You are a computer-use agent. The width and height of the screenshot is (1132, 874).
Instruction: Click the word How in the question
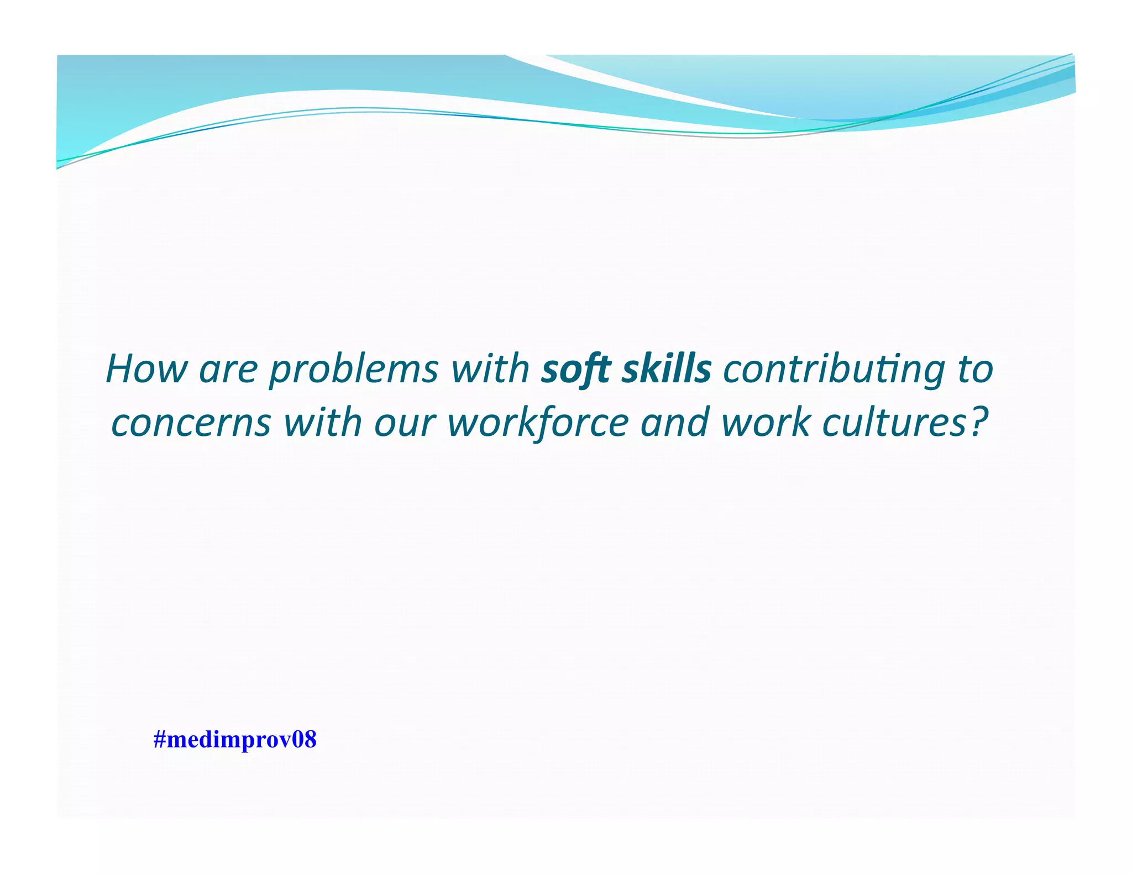(146, 369)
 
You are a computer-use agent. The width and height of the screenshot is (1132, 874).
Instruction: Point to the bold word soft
(575, 369)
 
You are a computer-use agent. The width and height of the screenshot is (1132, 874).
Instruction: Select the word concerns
(191, 423)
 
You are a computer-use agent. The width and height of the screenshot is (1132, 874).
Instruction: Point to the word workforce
(538, 423)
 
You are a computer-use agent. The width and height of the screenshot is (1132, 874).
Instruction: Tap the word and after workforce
(674, 423)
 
